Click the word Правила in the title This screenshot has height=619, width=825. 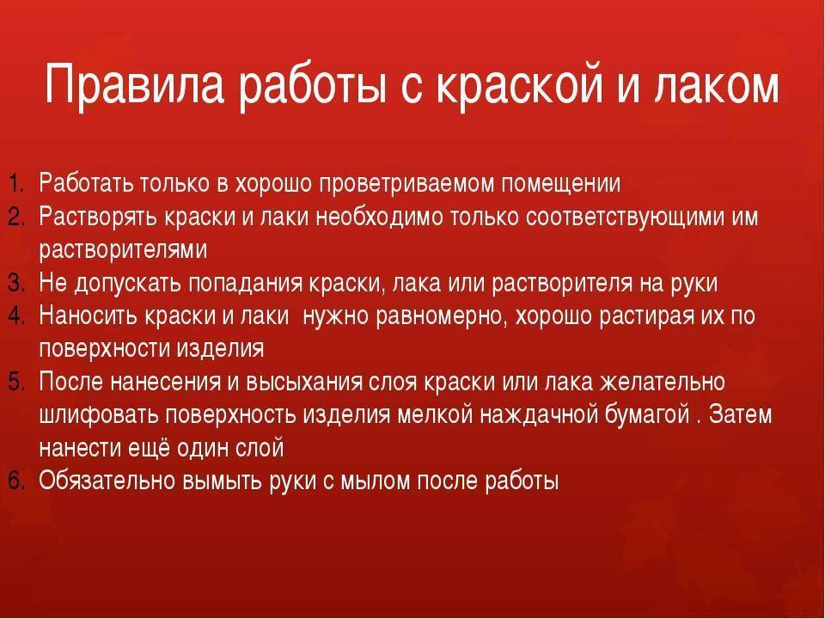point(135,84)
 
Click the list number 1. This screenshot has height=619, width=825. point(16,184)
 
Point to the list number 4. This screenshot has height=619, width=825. point(16,316)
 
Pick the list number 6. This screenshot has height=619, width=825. point(16,481)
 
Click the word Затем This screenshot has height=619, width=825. point(740,414)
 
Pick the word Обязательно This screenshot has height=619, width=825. point(107,481)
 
